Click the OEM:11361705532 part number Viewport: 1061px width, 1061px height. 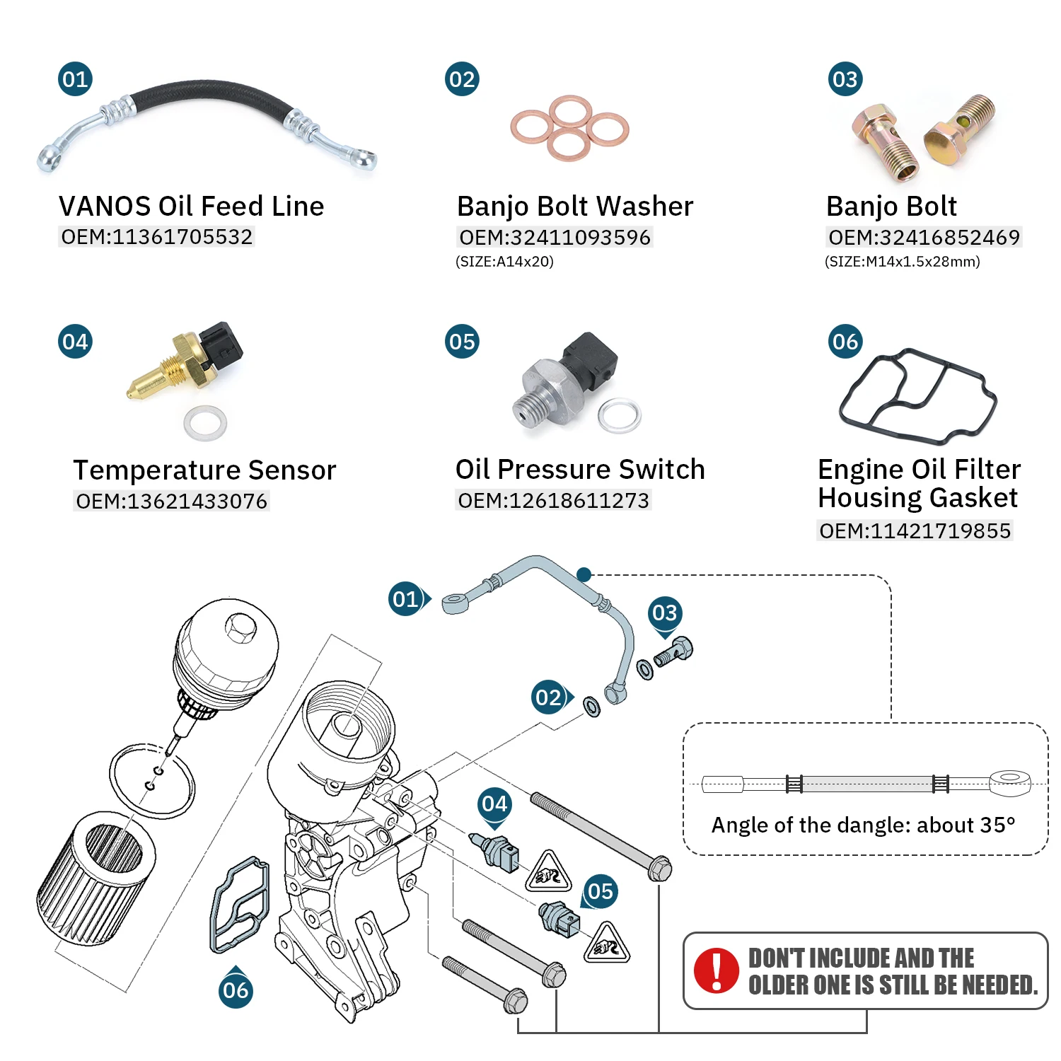pos(156,237)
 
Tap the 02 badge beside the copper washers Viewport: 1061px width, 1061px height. pos(462,79)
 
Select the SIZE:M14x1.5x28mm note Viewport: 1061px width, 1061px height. pos(902,262)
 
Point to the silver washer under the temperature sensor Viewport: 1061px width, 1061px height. pos(205,423)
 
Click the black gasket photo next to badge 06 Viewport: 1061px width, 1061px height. pos(917,396)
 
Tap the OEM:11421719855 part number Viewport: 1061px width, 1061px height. pos(915,530)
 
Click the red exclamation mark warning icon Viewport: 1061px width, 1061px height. pos(716,970)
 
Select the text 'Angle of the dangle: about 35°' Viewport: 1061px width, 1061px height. pos(863,825)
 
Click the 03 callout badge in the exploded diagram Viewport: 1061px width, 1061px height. pos(664,613)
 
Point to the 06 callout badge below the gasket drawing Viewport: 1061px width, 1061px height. pos(236,990)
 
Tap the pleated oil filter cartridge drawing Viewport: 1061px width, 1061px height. pos(95,876)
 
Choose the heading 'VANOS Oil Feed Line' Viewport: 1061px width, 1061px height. pos(191,207)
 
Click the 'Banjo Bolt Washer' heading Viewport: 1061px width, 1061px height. pos(574,207)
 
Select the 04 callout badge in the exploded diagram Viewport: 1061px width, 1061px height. pos(494,804)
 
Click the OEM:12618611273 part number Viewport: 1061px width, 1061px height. pos(553,501)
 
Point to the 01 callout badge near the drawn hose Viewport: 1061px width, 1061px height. pos(406,599)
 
